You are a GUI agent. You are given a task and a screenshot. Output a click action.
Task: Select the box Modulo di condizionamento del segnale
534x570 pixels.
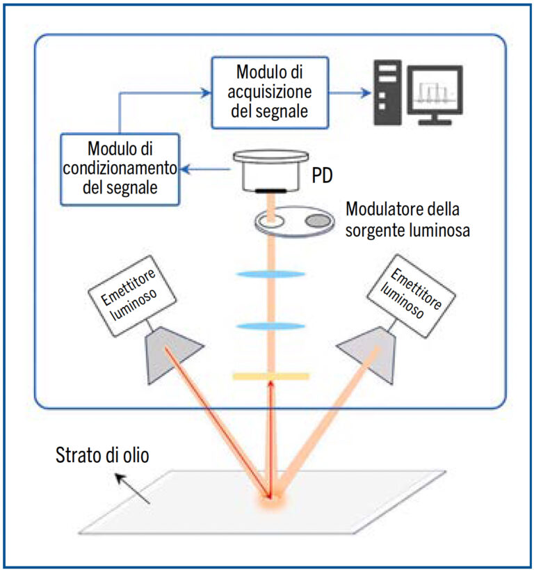pyautogui.click(x=121, y=168)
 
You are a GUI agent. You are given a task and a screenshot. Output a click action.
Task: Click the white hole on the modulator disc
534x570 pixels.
pyautogui.click(x=271, y=221)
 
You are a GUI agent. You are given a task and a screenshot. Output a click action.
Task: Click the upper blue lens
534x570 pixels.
pyautogui.click(x=271, y=274)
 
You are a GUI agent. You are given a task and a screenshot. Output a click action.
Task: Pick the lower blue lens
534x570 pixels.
pyautogui.click(x=271, y=325)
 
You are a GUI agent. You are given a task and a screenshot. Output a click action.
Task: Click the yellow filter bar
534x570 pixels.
pyautogui.click(x=271, y=377)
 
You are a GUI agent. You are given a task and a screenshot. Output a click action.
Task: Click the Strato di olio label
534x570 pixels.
pyautogui.click(x=102, y=455)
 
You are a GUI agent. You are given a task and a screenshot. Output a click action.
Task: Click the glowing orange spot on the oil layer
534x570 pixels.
pyautogui.click(x=270, y=498)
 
